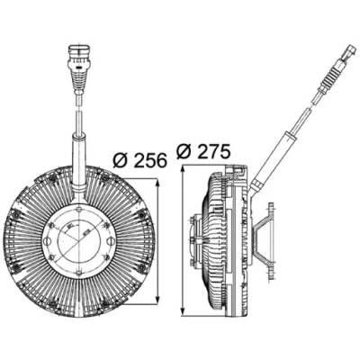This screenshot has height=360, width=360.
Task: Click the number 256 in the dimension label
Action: [150, 160]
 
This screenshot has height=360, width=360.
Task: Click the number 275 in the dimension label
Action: [213, 151]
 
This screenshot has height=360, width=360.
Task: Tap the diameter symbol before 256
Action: [121, 160]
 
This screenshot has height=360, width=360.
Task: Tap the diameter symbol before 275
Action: [185, 152]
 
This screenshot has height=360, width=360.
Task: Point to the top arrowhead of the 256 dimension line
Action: [157, 183]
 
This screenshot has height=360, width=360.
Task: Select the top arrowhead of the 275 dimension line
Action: [183, 170]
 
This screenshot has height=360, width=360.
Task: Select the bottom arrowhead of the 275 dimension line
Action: [183, 311]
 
